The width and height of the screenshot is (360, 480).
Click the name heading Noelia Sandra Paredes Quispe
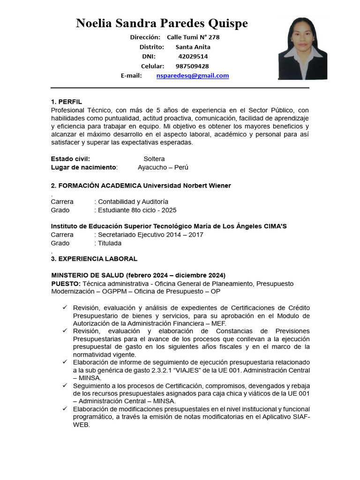pyautogui.click(x=162, y=23)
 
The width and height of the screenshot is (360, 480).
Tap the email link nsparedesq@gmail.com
pyautogui.click(x=193, y=75)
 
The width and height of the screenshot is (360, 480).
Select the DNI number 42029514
pyautogui.click(x=193, y=56)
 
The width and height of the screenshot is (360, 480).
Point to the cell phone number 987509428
pyautogui.click(x=192, y=66)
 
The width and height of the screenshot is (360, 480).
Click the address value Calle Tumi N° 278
pyautogui.click(x=193, y=37)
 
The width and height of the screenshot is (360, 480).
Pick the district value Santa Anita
pyautogui.click(x=193, y=47)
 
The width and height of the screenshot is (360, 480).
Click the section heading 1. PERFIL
pyautogui.click(x=66, y=102)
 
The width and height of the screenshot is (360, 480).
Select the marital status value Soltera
pyautogui.click(x=154, y=159)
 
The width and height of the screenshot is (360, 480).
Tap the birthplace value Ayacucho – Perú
pyautogui.click(x=163, y=167)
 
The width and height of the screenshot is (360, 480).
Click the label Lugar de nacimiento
pyautogui.click(x=83, y=167)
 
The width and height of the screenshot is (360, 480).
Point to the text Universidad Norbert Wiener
pyautogui.click(x=187, y=186)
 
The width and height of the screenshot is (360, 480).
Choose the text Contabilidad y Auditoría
pyautogui.click(x=133, y=202)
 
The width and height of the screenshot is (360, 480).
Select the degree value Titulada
pyautogui.click(x=109, y=243)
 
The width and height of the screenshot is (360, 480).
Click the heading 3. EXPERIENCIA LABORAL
pyautogui.click(x=94, y=259)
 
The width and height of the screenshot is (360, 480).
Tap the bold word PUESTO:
pyautogui.click(x=66, y=284)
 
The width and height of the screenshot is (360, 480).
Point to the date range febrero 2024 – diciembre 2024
pyautogui.click(x=176, y=275)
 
